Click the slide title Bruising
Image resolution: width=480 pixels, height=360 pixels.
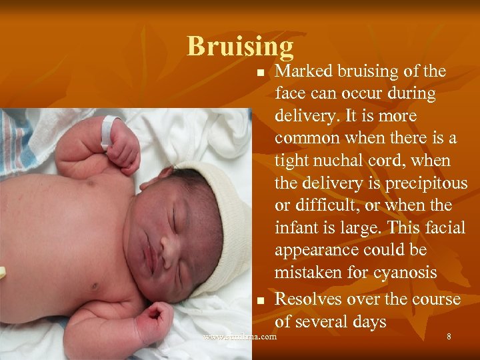click(x=240, y=46)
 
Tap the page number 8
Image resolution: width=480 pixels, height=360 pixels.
click(x=449, y=337)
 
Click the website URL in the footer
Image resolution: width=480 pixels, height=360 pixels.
click(x=240, y=337)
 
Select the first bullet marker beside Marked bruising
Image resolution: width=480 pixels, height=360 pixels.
click(x=261, y=71)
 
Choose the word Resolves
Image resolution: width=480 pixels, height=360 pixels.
click(x=309, y=299)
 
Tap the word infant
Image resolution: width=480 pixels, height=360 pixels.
click(x=297, y=228)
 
